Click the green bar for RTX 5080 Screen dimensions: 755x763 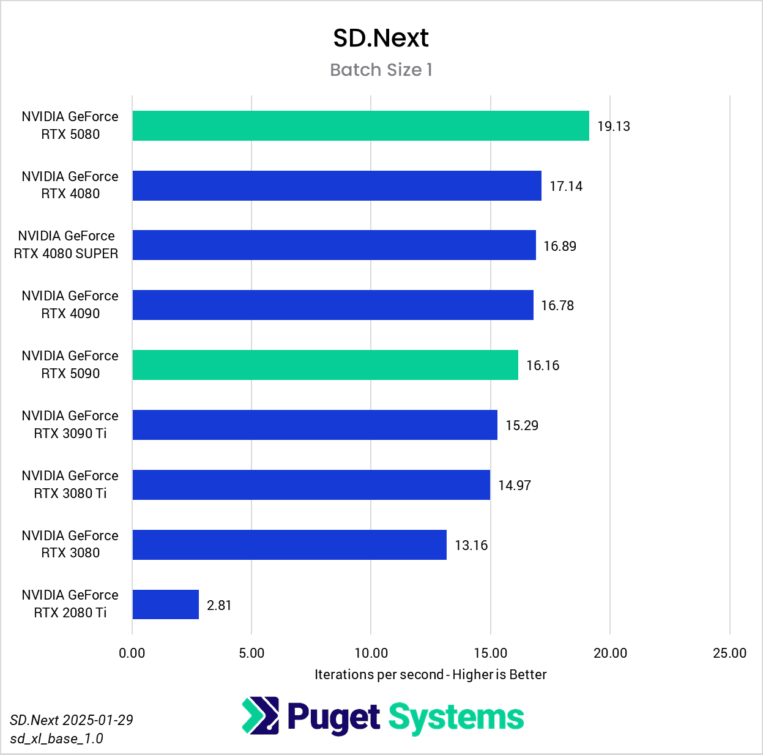pyautogui.click(x=360, y=126)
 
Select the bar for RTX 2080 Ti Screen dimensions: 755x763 pyautogui.click(x=166, y=604)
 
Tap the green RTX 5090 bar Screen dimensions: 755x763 pyautogui.click(x=325, y=365)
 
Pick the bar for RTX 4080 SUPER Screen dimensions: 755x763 pyautogui.click(x=334, y=245)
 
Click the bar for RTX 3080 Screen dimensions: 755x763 pyautogui.click(x=289, y=545)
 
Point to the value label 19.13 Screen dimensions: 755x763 pyautogui.click(x=613, y=127)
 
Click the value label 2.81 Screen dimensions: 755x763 pyautogui.click(x=219, y=605)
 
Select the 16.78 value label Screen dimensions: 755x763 pyautogui.click(x=557, y=305)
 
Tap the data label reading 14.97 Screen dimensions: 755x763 pyautogui.click(x=515, y=485)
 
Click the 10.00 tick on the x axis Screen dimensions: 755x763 pyautogui.click(x=371, y=653)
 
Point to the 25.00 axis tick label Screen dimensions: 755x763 pyautogui.click(x=729, y=653)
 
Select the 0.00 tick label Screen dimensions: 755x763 pyautogui.click(x=132, y=653)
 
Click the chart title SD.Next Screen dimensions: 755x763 pyautogui.click(x=381, y=39)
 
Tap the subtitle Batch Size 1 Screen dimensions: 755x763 pyautogui.click(x=381, y=70)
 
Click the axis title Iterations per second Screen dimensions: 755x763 pyautogui.click(x=430, y=674)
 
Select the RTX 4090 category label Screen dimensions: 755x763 pyautogui.click(x=70, y=305)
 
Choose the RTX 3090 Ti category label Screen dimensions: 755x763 pyautogui.click(x=70, y=425)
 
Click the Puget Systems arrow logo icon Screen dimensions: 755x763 pyautogui.click(x=261, y=716)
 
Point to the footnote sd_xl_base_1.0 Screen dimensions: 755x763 pyautogui.click(x=57, y=738)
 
